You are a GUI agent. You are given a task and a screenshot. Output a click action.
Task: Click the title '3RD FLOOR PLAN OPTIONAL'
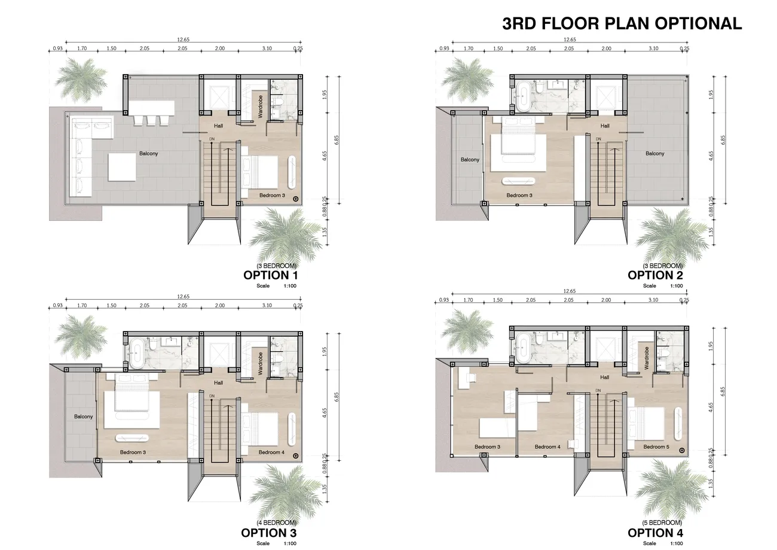pyautogui.click(x=622, y=23)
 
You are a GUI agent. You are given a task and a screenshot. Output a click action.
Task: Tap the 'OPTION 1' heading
pyautogui.click(x=271, y=275)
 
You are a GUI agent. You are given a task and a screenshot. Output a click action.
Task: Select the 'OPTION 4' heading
pyautogui.click(x=655, y=533)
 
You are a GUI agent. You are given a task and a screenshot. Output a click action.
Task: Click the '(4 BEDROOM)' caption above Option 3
pyautogui.click(x=277, y=522)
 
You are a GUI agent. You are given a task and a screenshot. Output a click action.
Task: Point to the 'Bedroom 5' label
pyautogui.click(x=656, y=447)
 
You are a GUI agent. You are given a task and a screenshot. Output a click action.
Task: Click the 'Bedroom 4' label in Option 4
pyautogui.click(x=547, y=447)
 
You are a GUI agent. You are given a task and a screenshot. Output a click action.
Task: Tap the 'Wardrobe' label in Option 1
pyautogui.click(x=260, y=107)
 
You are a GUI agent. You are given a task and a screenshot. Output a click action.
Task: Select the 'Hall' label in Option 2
pyautogui.click(x=605, y=126)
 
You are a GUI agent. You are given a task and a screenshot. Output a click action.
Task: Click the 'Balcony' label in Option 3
pyautogui.click(x=83, y=417)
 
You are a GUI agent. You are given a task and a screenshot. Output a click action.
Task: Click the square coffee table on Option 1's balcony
pyautogui.click(x=122, y=167)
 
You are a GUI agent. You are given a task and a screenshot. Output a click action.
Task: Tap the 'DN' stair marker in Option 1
pyautogui.click(x=212, y=139)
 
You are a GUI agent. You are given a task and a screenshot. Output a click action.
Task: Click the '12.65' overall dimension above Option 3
pyautogui.click(x=183, y=296)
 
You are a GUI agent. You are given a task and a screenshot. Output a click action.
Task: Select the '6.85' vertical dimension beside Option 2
pyautogui.click(x=723, y=140)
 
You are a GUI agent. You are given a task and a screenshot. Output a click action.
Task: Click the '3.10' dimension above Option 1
pyautogui.click(x=267, y=48)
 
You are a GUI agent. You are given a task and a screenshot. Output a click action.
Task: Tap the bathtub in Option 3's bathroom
pyautogui.click(x=137, y=354)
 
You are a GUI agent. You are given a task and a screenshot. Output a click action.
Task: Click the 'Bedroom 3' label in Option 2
pyautogui.click(x=519, y=196)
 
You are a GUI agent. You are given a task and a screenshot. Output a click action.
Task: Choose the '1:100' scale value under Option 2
pyautogui.click(x=677, y=285)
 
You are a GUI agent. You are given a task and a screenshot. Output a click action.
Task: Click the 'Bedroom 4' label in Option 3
pyautogui.click(x=271, y=452)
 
